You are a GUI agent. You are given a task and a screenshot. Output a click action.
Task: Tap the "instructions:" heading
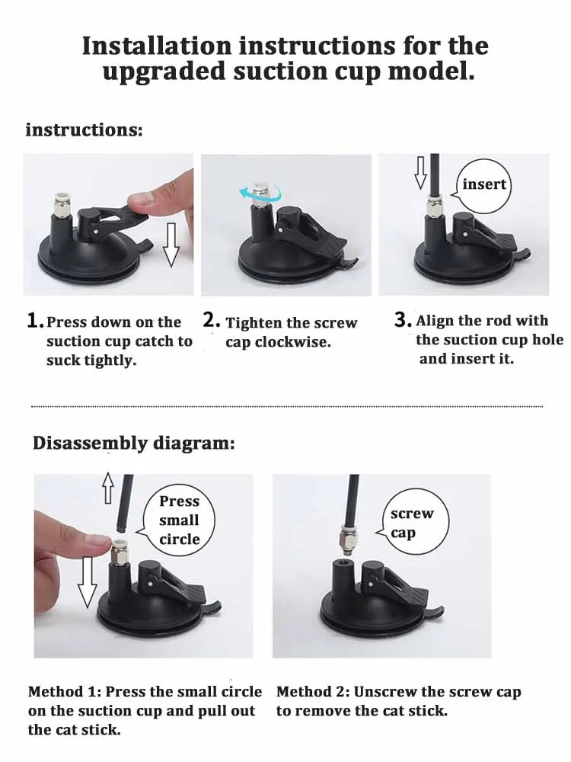tap(84, 130)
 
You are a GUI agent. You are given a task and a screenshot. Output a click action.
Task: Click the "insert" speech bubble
tap(484, 184)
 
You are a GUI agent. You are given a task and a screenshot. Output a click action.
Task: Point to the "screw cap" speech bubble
tap(413, 523)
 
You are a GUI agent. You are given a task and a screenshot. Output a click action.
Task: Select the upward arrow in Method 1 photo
tap(107, 488)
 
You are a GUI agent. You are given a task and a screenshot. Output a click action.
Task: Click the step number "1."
tap(35, 321)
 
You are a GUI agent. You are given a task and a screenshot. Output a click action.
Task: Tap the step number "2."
tap(212, 321)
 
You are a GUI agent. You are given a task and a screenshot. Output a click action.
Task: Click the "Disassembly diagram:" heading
tap(134, 443)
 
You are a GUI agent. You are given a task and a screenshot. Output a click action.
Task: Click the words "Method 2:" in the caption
tap(313, 692)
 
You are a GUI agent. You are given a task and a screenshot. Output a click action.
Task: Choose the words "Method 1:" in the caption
tap(65, 692)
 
